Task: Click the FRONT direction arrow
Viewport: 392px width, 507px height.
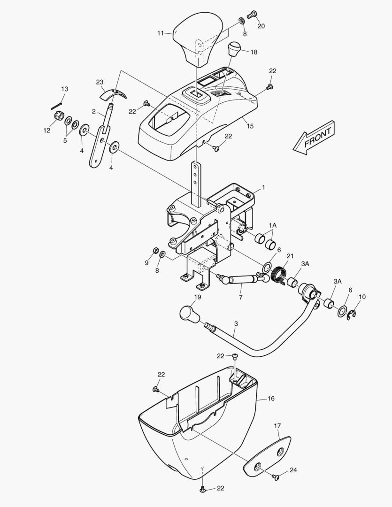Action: click(314, 138)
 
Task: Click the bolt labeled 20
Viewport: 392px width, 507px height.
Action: click(252, 15)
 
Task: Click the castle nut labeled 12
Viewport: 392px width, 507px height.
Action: click(57, 116)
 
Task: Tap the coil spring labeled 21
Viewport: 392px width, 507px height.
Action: click(278, 275)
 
